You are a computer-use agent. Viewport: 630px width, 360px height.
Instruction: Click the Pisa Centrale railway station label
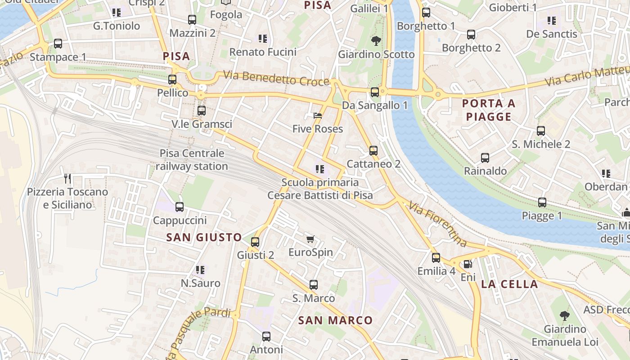[192, 160]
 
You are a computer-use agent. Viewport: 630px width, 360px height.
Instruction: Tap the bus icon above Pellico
[172, 80]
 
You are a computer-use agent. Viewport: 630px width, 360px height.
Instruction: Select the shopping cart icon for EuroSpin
[310, 239]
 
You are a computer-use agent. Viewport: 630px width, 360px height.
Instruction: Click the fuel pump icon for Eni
[468, 264]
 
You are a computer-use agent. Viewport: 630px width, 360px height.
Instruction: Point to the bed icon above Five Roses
[318, 116]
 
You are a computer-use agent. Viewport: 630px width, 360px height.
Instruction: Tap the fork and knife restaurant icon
[67, 179]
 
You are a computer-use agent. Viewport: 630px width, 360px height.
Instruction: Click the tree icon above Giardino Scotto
[376, 41]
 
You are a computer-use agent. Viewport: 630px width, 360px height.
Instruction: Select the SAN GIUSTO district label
[204, 237]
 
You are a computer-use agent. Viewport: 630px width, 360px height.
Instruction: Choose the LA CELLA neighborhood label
[509, 284]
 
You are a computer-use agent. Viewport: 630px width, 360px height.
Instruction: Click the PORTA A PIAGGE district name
[489, 110]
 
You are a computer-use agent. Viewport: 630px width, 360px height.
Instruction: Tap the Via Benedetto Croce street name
[277, 78]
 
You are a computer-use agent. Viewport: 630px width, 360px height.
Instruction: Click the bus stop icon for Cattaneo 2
[373, 151]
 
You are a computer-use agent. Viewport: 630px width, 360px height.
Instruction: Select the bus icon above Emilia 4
[436, 258]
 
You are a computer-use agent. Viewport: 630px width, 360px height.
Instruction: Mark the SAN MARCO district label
[336, 320]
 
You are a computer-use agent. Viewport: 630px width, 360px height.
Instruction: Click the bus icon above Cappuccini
[180, 207]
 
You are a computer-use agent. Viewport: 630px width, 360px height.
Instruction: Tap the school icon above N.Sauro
[200, 270]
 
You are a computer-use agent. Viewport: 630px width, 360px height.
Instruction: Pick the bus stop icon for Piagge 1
[542, 202]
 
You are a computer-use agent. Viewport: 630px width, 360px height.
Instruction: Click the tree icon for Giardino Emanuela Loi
[565, 316]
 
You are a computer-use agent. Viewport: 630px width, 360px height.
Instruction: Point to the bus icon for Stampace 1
[58, 44]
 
